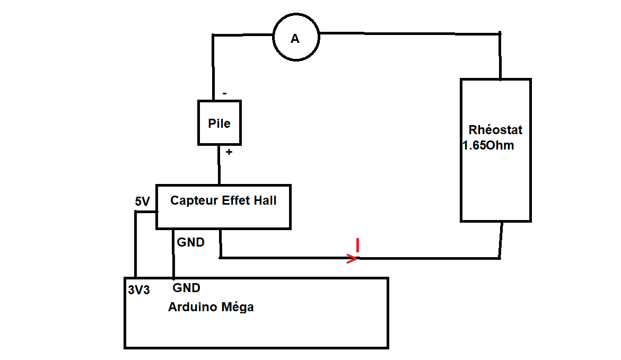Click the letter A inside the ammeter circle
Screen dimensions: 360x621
click(295, 39)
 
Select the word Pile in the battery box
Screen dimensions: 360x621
click(220, 124)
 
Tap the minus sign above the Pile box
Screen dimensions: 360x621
click(225, 94)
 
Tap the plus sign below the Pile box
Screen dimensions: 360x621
click(229, 152)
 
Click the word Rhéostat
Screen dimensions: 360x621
click(495, 130)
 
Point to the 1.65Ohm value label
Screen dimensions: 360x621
click(488, 145)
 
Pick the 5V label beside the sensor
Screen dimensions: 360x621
click(143, 201)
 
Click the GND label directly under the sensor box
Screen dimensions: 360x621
click(190, 242)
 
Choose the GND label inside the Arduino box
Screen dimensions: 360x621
click(187, 288)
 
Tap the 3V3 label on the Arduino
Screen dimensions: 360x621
click(139, 290)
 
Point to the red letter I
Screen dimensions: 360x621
click(358, 245)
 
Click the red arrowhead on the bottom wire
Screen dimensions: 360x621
click(352, 259)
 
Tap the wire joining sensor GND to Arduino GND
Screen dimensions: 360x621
click(173, 254)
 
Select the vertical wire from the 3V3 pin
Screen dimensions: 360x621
click(136, 244)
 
